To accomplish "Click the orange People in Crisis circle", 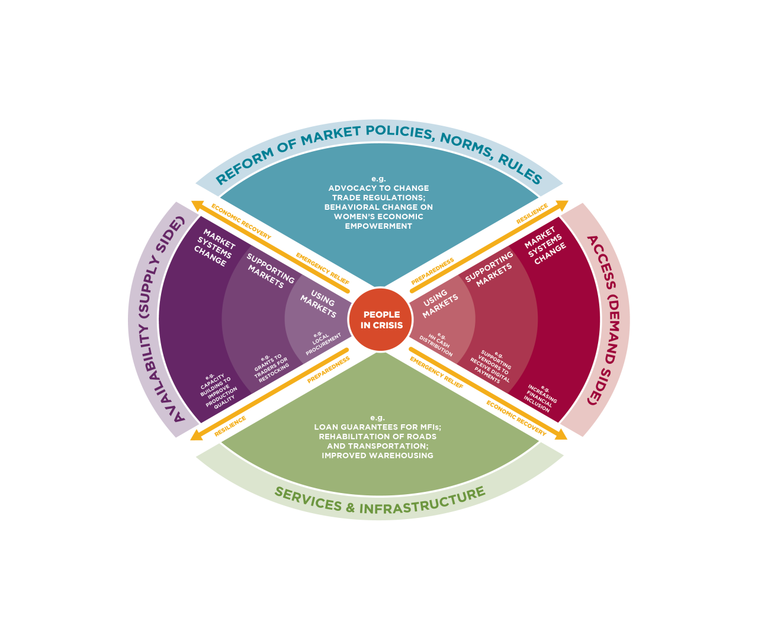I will coord(381,320).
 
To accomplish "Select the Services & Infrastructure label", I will coord(380,501).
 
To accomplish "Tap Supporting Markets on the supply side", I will coord(269,271).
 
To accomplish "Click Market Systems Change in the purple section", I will coord(214,248).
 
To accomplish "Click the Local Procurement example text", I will coord(322,343).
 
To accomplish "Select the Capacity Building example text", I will coord(218,391).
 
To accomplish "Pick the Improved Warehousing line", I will coord(377,456).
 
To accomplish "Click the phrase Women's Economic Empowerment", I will coord(378,221).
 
